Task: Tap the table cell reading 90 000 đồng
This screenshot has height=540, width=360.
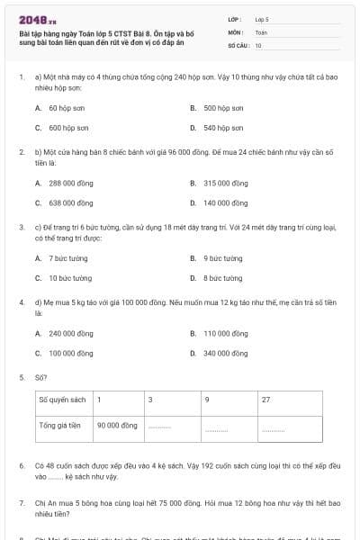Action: click(x=117, y=425)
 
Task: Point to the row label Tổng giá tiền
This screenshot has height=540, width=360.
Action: click(x=60, y=425)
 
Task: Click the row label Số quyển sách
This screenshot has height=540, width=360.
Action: click(x=62, y=399)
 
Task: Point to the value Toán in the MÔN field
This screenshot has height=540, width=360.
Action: click(x=262, y=31)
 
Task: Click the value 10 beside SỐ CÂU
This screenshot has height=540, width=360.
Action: click(x=258, y=44)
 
